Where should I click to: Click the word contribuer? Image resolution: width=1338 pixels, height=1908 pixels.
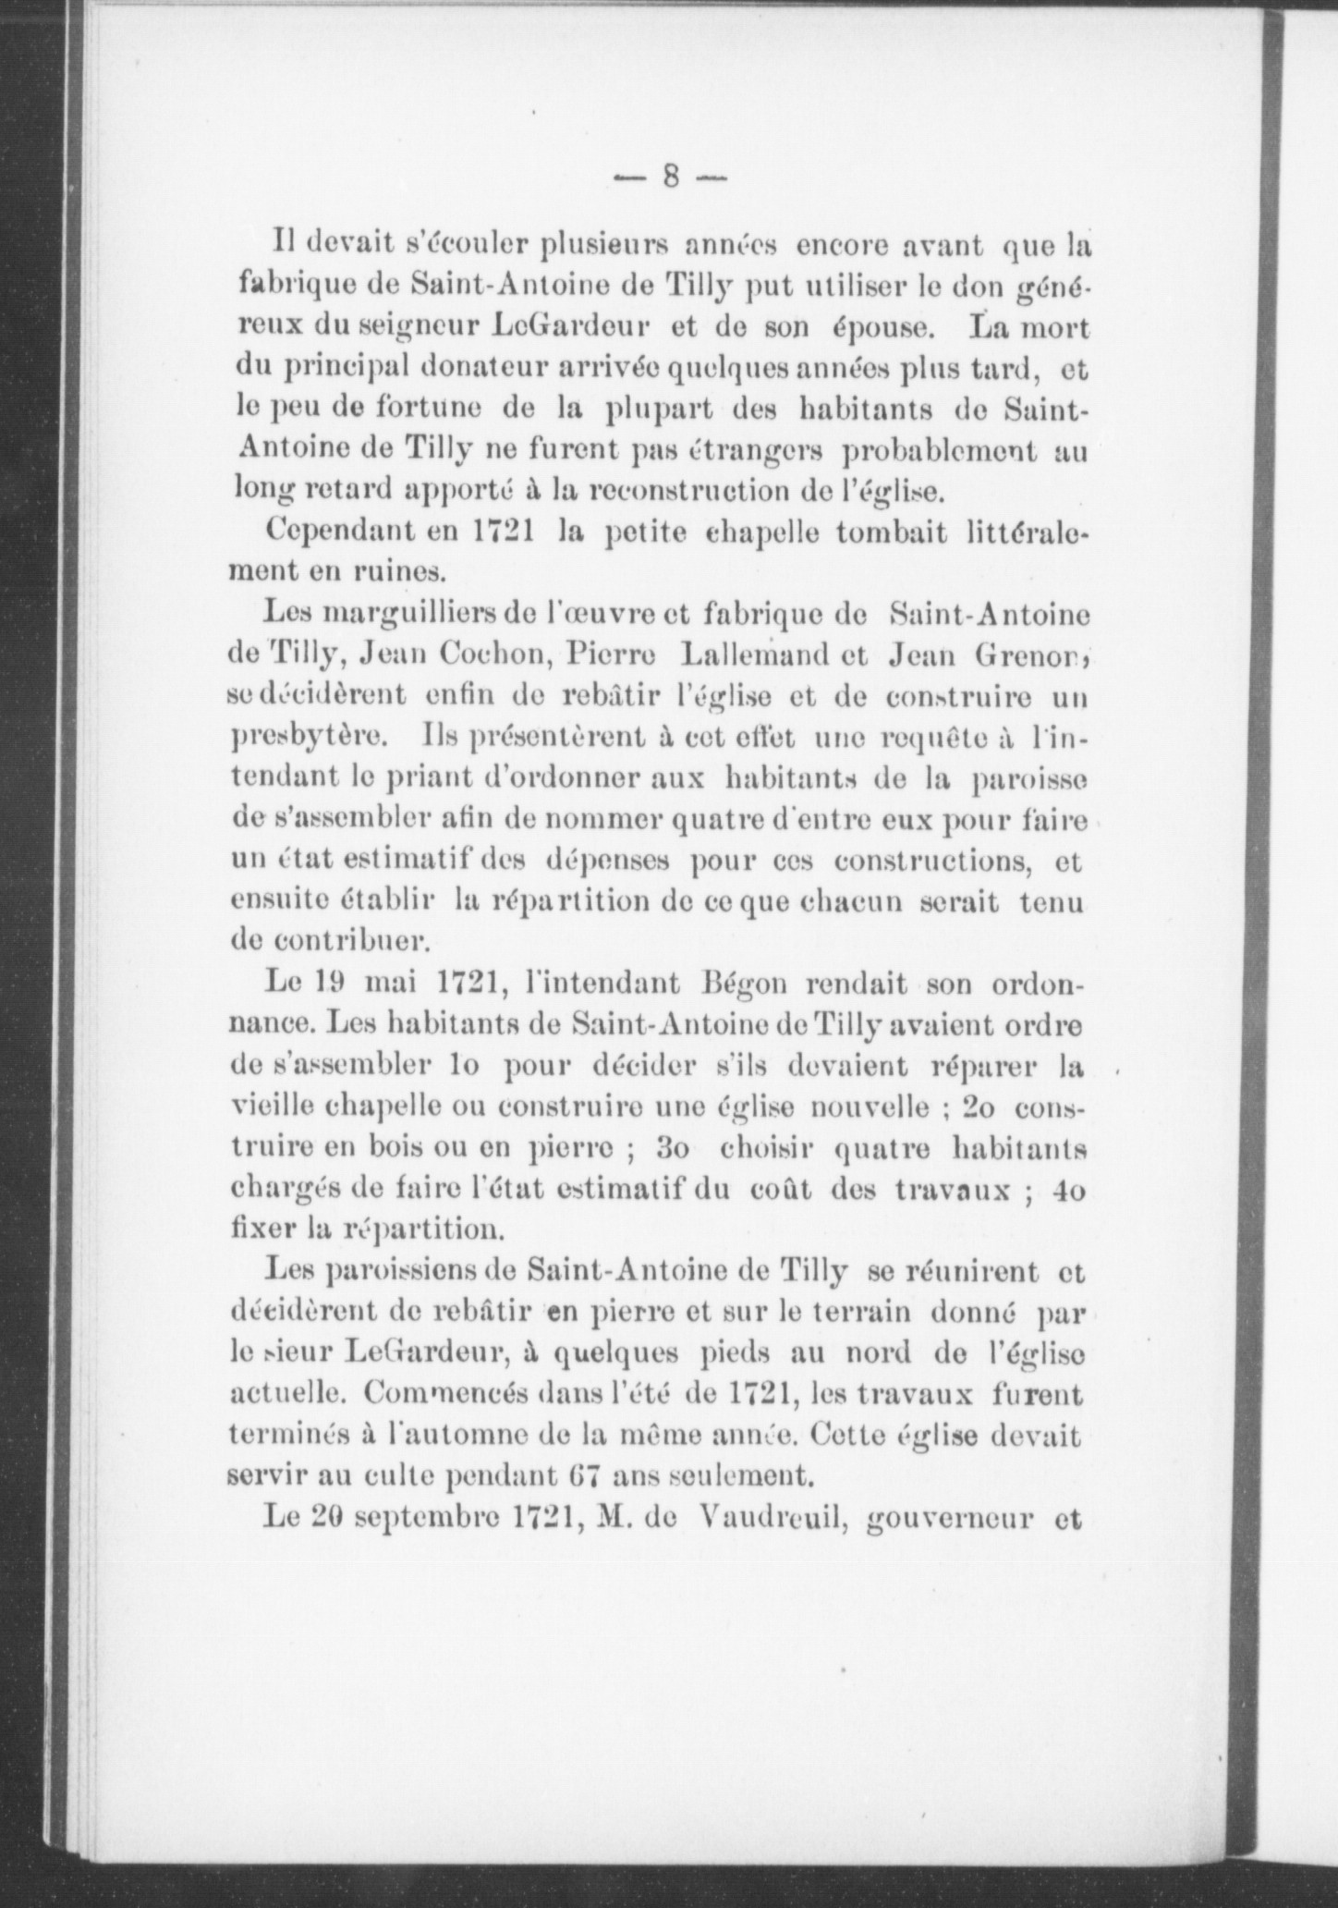point(328,941)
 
